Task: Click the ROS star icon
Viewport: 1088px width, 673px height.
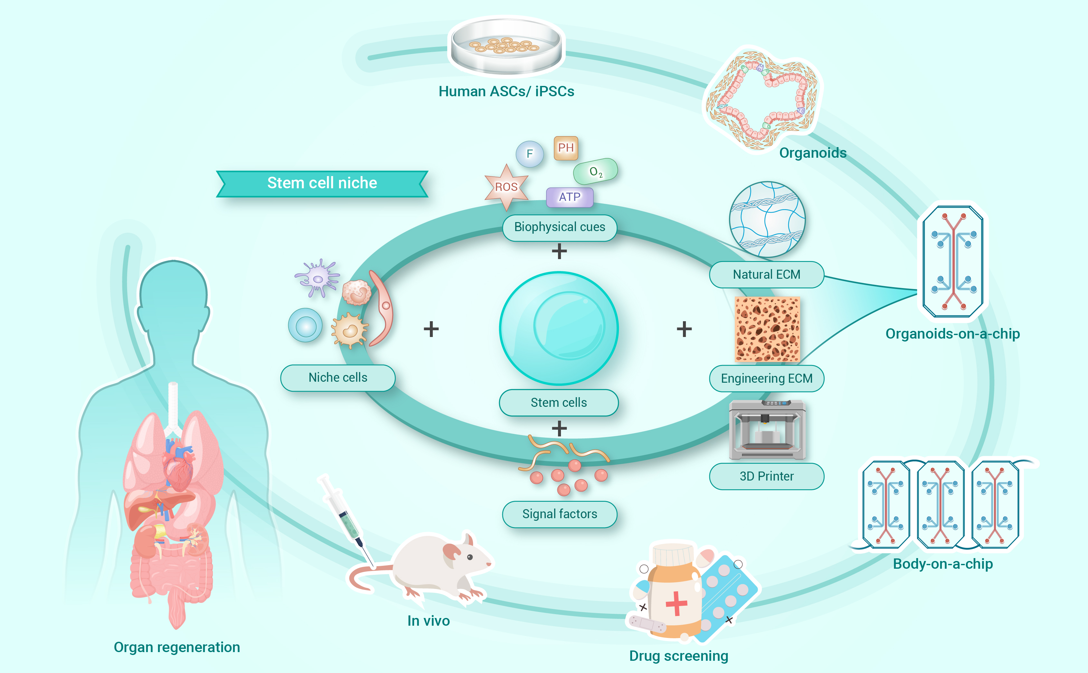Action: point(506,187)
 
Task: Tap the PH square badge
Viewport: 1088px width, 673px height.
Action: point(566,148)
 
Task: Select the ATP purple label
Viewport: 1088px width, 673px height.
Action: point(569,197)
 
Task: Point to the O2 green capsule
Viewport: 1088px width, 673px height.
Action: point(595,171)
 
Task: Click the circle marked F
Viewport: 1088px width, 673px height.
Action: point(529,154)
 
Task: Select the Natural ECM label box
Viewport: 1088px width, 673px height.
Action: point(766,275)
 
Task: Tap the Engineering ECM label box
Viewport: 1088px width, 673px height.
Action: point(766,378)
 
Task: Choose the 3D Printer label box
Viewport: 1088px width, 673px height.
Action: point(766,476)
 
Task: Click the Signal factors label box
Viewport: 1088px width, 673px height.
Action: point(559,514)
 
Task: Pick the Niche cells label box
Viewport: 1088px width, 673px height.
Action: point(337,378)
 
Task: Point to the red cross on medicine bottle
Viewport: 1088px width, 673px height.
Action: point(676,603)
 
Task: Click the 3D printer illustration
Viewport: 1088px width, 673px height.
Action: point(767,430)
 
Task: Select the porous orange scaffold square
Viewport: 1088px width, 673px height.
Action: point(767,329)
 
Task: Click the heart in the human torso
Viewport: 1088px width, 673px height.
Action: point(178,472)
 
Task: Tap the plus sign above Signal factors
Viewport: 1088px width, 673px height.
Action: point(559,429)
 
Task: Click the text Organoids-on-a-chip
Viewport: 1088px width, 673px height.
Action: point(952,334)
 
